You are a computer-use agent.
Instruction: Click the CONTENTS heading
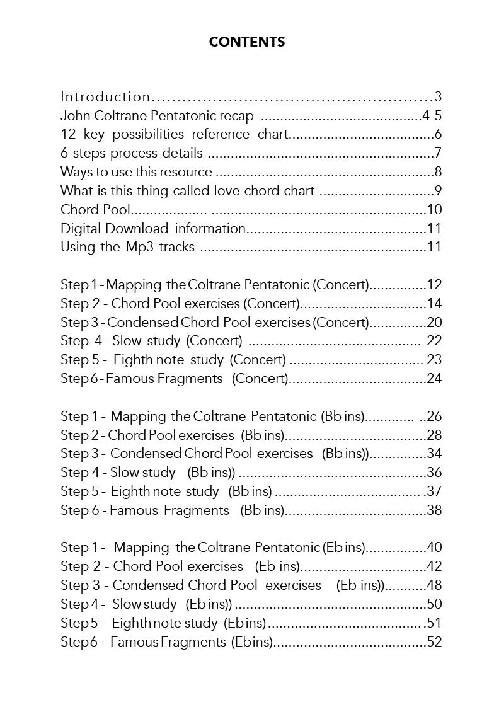[x=247, y=42]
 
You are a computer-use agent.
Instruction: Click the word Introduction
[x=105, y=97]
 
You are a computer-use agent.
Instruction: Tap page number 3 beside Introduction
[x=438, y=97]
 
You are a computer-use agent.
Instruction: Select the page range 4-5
[x=432, y=116]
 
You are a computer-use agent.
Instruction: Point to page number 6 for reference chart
[x=438, y=134]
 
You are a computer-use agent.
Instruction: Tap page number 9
[x=438, y=190]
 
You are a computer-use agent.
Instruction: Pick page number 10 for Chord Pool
[x=434, y=210]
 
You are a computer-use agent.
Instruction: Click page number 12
[x=434, y=285]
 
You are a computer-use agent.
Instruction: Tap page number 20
[x=434, y=323]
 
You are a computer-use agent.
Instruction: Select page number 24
[x=434, y=379]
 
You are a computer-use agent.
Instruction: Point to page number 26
[x=434, y=417]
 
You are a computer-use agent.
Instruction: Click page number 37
[x=434, y=491]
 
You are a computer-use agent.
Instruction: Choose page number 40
[x=434, y=548]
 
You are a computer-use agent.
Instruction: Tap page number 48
[x=434, y=585]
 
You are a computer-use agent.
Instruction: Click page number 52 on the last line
[x=434, y=642]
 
